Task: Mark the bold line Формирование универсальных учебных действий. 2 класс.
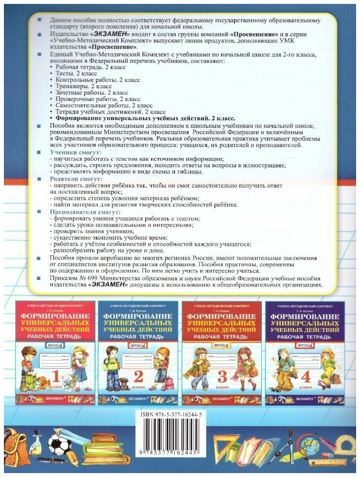click(x=145, y=118)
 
